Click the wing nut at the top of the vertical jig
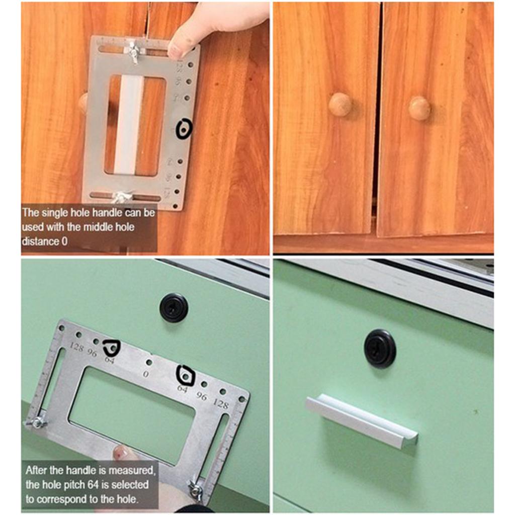pyautogui.click(x=134, y=51)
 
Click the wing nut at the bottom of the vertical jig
pyautogui.click(x=123, y=196)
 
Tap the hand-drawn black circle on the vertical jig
pyautogui.click(x=184, y=128)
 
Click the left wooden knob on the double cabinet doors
pyautogui.click(x=340, y=105)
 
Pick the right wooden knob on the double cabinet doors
pyautogui.click(x=419, y=108)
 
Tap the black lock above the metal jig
pyautogui.click(x=174, y=307)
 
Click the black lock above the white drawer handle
pyautogui.click(x=380, y=349)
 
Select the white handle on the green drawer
pyautogui.click(x=362, y=420)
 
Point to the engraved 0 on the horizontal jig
pyautogui.click(x=146, y=374)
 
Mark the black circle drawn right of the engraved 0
pyautogui.click(x=185, y=375)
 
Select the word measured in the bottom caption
pyautogui.click(x=135, y=471)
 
